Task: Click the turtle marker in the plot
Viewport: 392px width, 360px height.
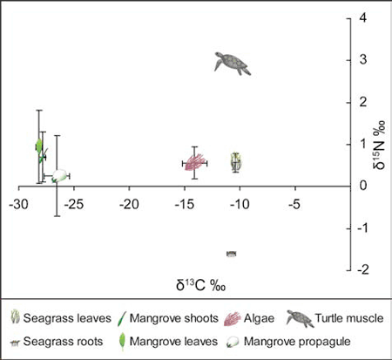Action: (x=233, y=64)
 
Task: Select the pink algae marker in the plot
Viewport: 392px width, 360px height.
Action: (x=195, y=162)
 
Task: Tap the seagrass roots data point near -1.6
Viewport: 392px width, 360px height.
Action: (x=231, y=254)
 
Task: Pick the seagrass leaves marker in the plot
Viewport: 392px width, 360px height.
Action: (x=236, y=162)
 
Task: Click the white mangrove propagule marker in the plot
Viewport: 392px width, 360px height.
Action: (x=59, y=176)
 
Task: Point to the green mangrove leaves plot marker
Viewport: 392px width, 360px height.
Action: (x=38, y=146)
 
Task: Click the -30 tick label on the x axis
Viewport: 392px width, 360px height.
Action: (x=18, y=204)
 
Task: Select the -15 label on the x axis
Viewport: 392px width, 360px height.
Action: (x=184, y=204)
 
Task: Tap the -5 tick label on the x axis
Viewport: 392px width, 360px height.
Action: (x=294, y=204)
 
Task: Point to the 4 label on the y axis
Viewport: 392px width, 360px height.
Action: (x=363, y=17)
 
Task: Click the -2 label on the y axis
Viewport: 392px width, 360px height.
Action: (x=362, y=270)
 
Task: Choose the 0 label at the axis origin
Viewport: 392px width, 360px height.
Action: (x=363, y=186)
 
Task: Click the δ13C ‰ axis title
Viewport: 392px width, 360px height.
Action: (x=200, y=284)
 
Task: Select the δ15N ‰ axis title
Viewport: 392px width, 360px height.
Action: (x=379, y=145)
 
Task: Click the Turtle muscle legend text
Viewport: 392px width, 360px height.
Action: (x=349, y=318)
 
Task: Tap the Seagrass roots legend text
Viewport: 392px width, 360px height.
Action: (x=63, y=342)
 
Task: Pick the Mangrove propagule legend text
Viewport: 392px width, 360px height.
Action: (x=297, y=342)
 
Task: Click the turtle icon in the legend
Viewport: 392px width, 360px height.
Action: (x=300, y=318)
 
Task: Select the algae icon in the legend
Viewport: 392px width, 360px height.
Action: (x=233, y=319)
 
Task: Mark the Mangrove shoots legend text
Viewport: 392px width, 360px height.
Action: (x=173, y=318)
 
